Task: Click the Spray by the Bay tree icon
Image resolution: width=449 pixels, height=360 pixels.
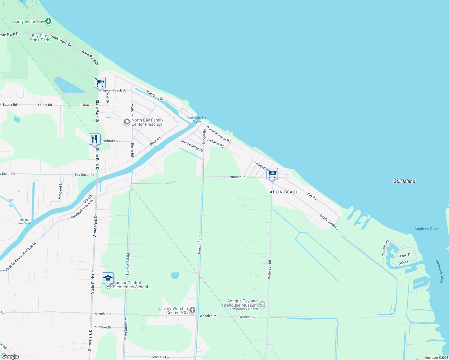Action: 48,21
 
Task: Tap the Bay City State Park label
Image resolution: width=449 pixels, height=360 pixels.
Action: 40,38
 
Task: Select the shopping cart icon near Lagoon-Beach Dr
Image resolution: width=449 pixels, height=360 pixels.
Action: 100,82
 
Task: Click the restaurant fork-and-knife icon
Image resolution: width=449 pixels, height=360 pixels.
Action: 95,139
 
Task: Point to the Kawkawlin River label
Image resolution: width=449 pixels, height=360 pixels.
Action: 197,119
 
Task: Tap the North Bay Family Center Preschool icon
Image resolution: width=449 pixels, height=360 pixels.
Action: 127,122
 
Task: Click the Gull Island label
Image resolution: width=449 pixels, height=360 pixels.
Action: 404,181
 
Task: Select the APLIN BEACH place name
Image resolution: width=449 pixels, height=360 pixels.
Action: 284,192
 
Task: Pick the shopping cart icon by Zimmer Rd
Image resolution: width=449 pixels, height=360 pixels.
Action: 272,173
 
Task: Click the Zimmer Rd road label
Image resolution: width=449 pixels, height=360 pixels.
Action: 237,177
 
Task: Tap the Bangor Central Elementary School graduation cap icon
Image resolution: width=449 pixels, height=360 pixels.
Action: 108,278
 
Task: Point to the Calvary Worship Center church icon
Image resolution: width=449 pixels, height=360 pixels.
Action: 192,310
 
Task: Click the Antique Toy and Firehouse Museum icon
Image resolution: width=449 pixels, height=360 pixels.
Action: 262,305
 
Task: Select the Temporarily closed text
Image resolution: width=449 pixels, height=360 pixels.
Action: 244,309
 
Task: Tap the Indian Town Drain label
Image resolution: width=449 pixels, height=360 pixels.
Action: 24,222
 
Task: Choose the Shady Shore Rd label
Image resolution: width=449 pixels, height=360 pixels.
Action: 329,222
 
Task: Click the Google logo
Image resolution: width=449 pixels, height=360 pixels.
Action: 10,356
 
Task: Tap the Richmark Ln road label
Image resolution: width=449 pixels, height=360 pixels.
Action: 159,357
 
